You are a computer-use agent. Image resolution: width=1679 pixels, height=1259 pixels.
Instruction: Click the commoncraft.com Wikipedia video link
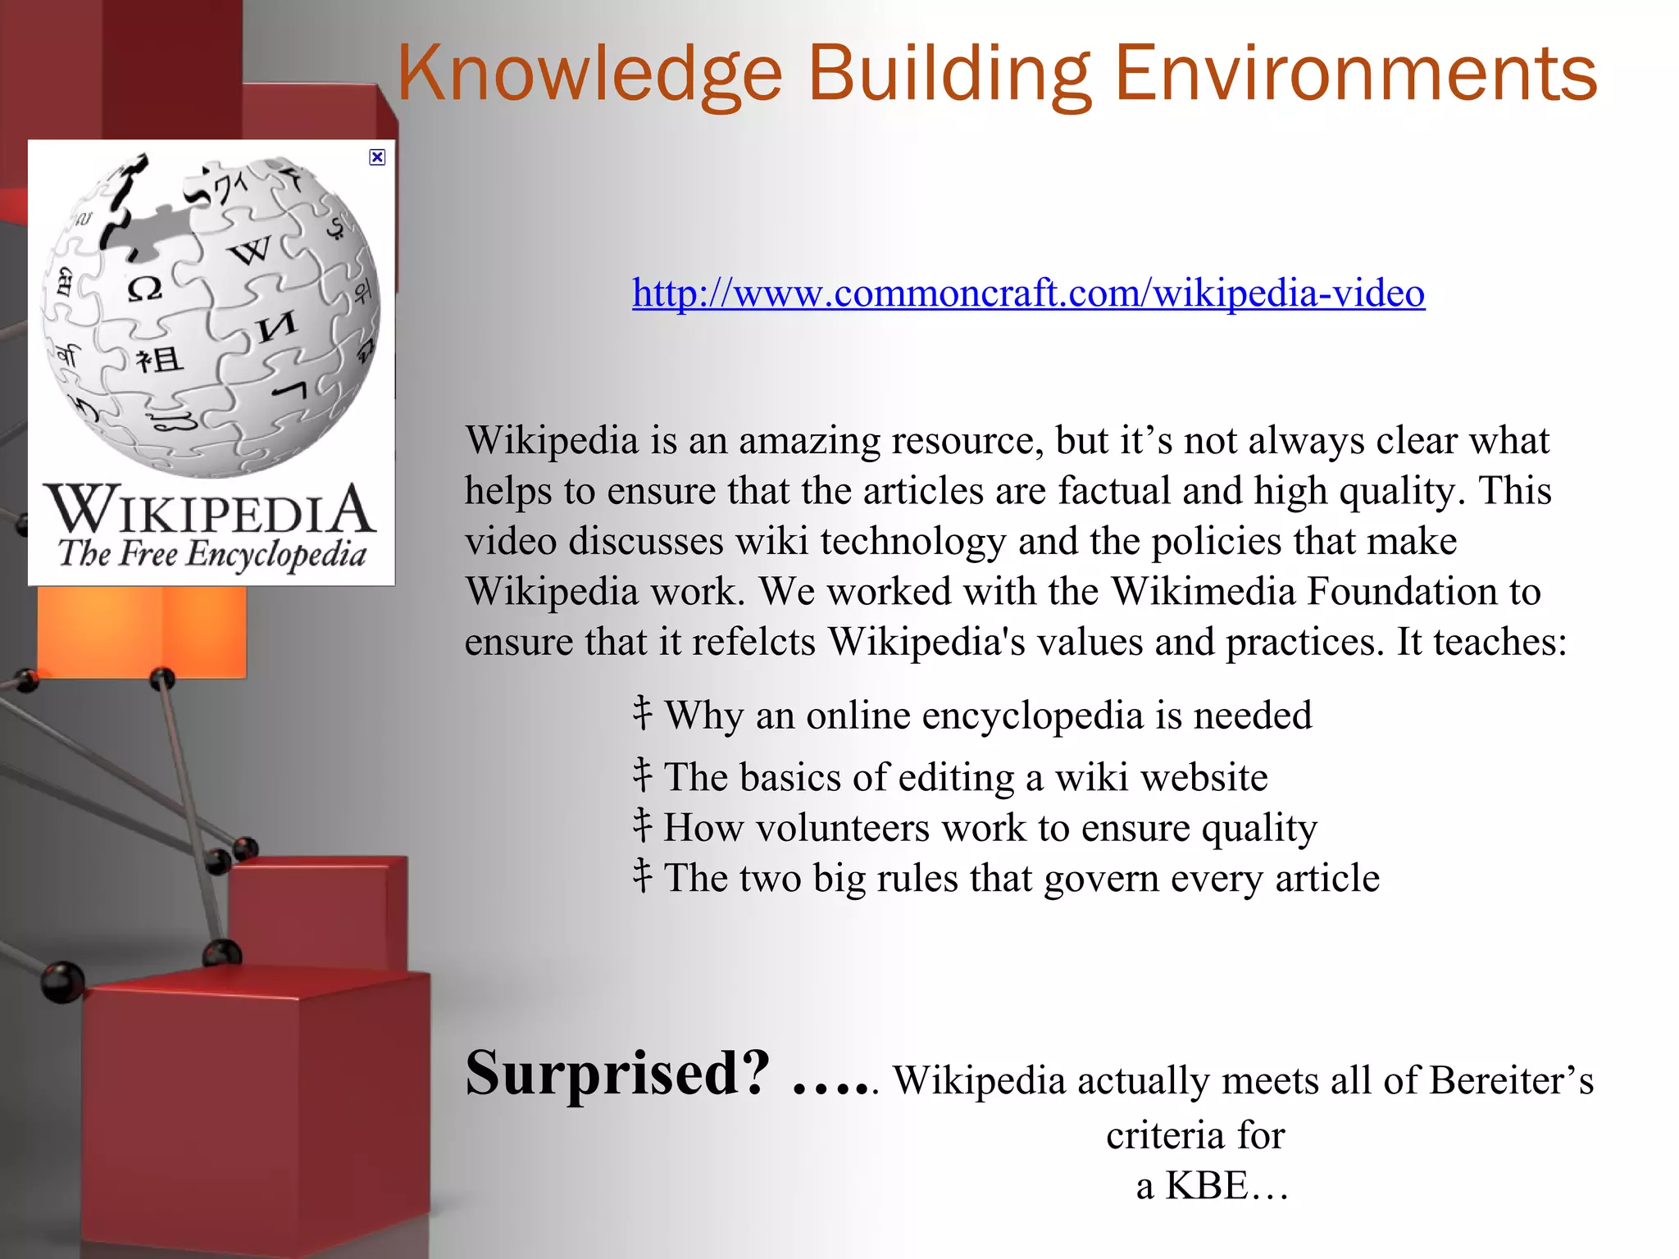(x=1028, y=293)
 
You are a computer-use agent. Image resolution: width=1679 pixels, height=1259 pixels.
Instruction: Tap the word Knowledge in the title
(x=589, y=75)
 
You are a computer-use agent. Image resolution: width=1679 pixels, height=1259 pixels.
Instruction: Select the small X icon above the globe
(x=377, y=157)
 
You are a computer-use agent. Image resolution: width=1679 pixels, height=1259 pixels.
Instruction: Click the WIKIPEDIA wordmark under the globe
(x=211, y=509)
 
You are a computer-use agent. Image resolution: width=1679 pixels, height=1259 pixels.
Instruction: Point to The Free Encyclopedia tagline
(x=212, y=554)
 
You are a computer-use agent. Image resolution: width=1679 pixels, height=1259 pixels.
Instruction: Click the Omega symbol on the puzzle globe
(x=144, y=289)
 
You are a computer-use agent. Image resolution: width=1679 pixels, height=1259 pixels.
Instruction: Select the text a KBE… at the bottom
(x=1212, y=1185)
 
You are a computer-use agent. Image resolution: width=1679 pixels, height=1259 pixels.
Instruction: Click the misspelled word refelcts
(x=754, y=642)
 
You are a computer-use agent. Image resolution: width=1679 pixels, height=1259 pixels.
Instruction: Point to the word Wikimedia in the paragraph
(x=1203, y=592)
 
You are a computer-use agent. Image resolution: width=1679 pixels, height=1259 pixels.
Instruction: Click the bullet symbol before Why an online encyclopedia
(x=643, y=714)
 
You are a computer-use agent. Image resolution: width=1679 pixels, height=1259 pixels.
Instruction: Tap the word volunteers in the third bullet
(x=843, y=828)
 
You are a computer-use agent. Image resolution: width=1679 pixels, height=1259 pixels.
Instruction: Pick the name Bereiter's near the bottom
(x=1511, y=1081)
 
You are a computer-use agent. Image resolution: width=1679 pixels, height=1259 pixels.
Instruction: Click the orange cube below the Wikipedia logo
(x=141, y=629)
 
